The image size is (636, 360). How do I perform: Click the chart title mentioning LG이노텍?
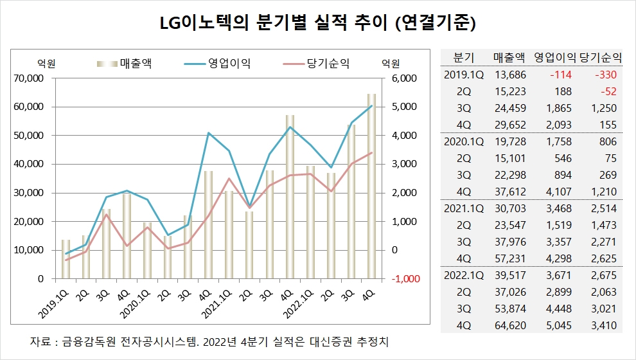pyautogui.click(x=317, y=24)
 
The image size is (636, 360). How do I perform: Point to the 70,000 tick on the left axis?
pyautogui.click(x=28, y=78)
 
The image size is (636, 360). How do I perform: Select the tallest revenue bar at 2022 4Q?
pyautogui.click(x=371, y=186)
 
